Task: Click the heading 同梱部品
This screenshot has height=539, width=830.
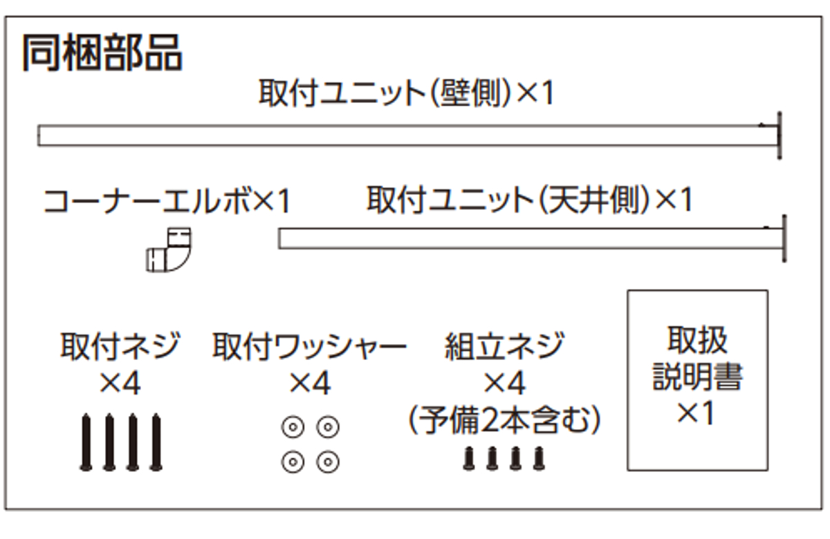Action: (102, 53)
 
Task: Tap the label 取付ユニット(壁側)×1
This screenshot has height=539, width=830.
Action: (407, 93)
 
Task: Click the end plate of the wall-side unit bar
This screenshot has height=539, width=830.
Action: (780, 135)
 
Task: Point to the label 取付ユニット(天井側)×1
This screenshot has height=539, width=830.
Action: (530, 200)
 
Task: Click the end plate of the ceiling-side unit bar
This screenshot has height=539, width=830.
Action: (784, 238)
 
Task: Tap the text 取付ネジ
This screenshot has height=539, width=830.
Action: (120, 346)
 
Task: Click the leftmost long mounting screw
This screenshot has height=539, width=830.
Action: (86, 442)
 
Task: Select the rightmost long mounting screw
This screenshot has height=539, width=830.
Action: (156, 442)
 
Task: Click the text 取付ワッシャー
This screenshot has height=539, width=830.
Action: (309, 346)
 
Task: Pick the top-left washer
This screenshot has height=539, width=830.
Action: (293, 427)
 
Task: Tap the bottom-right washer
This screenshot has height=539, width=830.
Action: (328, 462)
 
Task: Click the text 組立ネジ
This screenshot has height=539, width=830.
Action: (505, 346)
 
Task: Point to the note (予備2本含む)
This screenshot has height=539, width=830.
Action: (504, 420)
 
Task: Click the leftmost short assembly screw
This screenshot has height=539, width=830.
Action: (469, 458)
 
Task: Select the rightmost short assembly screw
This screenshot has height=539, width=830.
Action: (539, 458)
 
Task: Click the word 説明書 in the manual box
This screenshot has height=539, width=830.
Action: (698, 377)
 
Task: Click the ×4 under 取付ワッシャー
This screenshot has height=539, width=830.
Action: (310, 383)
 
